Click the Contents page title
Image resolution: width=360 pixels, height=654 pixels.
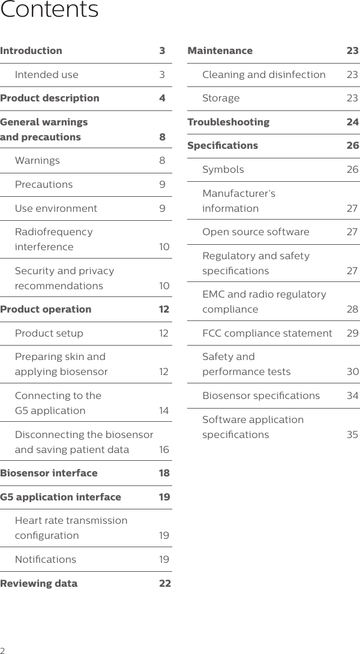click(49, 10)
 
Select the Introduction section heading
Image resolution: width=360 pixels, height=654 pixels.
click(31, 51)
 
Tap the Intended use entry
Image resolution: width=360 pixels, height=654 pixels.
click(46, 75)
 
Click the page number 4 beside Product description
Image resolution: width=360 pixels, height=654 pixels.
click(162, 98)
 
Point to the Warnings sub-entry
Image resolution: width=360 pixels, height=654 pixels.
click(37, 161)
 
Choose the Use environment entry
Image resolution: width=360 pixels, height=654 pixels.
click(56, 209)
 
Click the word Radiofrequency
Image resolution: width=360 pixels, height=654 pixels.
click(53, 232)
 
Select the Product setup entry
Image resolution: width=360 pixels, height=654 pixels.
click(49, 334)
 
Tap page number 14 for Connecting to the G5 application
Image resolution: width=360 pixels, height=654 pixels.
click(164, 411)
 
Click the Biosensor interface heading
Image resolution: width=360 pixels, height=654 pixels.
click(49, 473)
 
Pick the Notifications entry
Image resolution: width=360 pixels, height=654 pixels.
click(46, 560)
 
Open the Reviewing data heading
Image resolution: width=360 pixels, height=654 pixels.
click(39, 584)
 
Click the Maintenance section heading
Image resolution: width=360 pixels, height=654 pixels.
click(220, 51)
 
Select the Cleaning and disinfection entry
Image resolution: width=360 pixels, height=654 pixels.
click(264, 75)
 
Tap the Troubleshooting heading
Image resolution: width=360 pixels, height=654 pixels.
click(229, 122)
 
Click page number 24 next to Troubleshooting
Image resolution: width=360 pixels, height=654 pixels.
click(352, 122)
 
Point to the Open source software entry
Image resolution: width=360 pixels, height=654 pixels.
click(256, 232)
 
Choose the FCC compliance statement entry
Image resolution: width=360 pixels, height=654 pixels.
click(267, 334)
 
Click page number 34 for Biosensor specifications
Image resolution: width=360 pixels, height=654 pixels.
click(352, 396)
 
